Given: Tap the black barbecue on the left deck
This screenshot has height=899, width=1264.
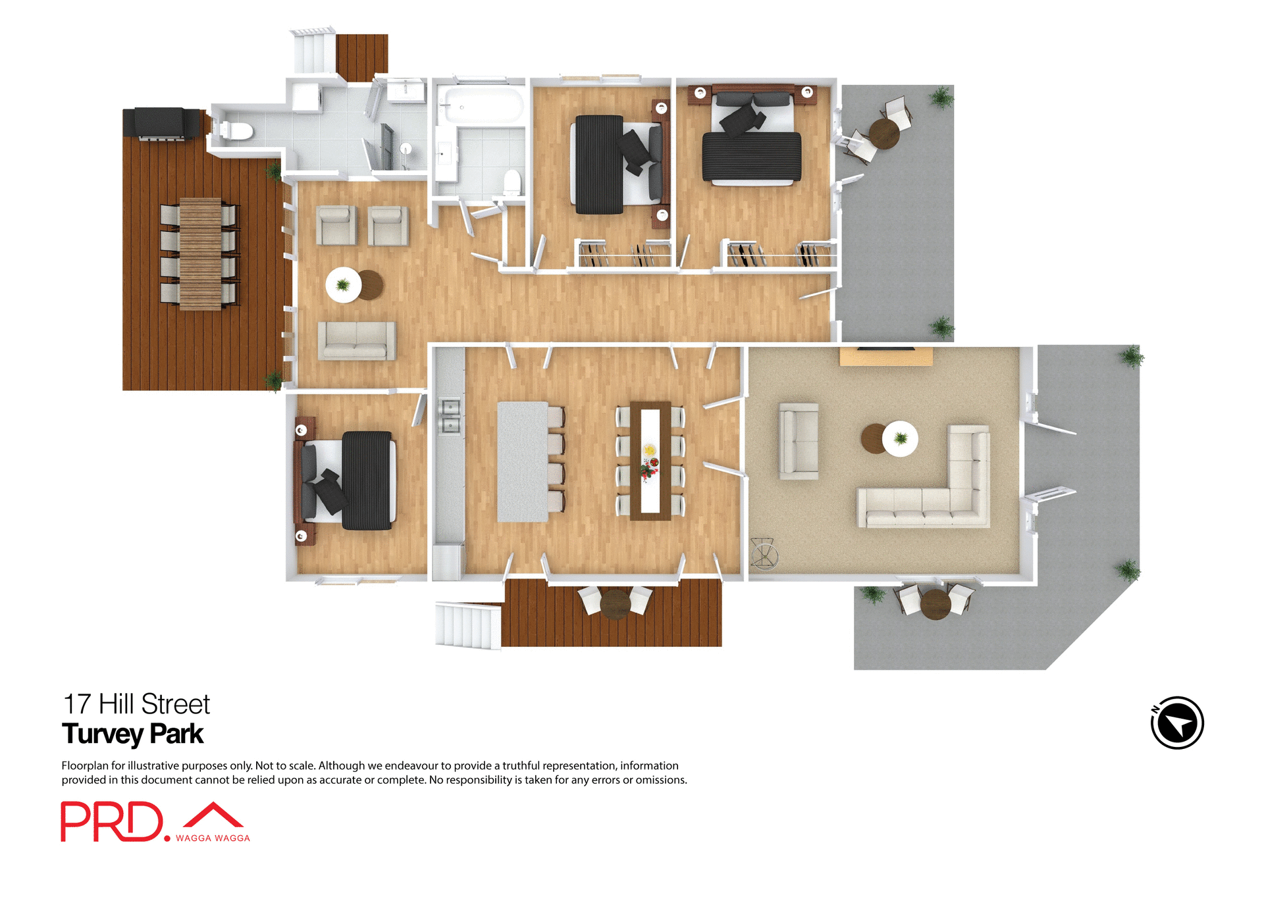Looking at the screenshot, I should pyautogui.click(x=162, y=124).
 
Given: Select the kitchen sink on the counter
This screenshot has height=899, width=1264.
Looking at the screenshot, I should pyautogui.click(x=450, y=417).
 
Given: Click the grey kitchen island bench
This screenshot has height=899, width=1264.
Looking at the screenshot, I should pyautogui.click(x=522, y=461).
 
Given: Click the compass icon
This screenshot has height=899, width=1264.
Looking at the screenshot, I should pyautogui.click(x=1177, y=723).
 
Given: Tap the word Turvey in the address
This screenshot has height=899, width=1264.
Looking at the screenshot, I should pyautogui.click(x=103, y=734).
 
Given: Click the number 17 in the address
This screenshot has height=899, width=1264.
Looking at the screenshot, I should pyautogui.click(x=76, y=704).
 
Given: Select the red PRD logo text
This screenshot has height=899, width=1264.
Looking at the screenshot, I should pyautogui.click(x=112, y=821).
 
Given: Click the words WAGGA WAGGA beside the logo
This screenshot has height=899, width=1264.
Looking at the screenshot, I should pyautogui.click(x=213, y=838).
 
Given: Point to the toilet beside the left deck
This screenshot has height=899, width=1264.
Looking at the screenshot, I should pyautogui.click(x=236, y=131).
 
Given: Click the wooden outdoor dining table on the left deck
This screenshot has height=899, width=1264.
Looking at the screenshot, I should pyautogui.click(x=200, y=253).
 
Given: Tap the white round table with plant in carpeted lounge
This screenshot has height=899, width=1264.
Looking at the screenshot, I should pyautogui.click(x=900, y=438).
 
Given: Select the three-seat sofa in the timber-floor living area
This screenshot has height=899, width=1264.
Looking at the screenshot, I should pyautogui.click(x=357, y=340).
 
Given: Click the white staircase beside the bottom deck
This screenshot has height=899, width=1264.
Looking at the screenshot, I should pyautogui.click(x=467, y=625).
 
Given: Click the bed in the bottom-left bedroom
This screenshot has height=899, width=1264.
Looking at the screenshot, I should pyautogui.click(x=349, y=480).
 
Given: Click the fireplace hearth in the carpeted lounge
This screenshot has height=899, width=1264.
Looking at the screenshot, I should pyautogui.click(x=885, y=357).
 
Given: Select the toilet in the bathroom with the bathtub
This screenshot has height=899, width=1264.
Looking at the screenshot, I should pyautogui.click(x=512, y=182).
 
